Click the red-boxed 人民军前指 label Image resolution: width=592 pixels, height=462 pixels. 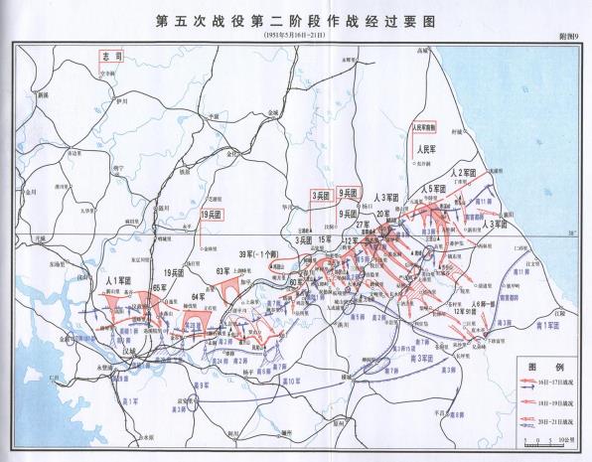(x=425, y=128)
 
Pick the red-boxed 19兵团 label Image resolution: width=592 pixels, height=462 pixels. (x=210, y=214)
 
